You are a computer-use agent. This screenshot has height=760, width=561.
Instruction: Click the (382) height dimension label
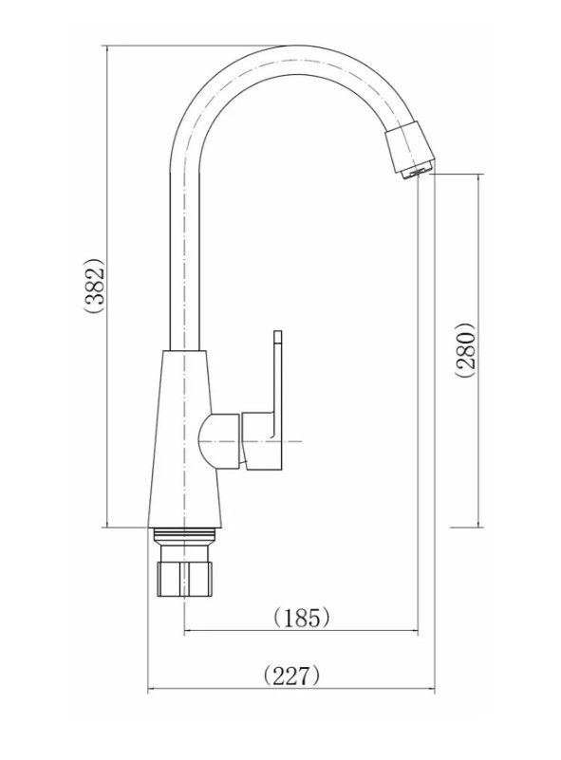(94, 285)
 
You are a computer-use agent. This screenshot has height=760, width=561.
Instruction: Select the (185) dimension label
(302, 618)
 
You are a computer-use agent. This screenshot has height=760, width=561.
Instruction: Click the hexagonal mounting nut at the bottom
(185, 579)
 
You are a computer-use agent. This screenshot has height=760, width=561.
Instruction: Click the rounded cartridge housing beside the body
(219, 441)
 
